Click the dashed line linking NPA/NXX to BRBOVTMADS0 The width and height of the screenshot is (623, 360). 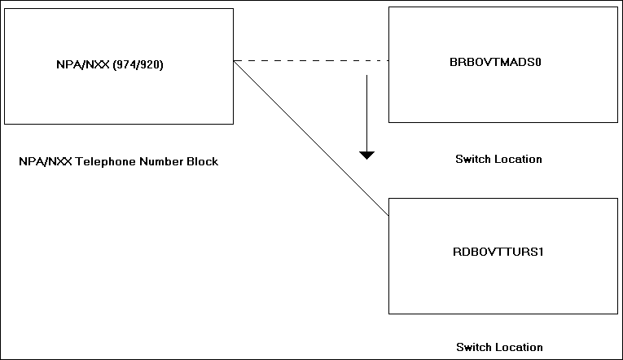coord(309,60)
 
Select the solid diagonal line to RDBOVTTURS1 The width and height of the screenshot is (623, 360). coord(309,137)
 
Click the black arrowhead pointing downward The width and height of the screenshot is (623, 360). coord(367,155)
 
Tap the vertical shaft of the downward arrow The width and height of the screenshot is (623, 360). coord(367,110)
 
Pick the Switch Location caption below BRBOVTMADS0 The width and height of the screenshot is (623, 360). coord(498,160)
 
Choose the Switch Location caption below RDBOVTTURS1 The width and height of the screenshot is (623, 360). coord(499,347)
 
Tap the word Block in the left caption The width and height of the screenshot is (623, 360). coord(204,161)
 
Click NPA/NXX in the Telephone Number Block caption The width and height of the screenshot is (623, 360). coord(39,161)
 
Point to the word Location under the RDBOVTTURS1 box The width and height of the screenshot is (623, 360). coord(519,347)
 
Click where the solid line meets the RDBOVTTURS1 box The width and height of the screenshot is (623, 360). coord(389,216)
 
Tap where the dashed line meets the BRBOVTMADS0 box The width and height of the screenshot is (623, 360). coord(389,60)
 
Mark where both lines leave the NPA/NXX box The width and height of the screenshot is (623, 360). coord(234,60)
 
